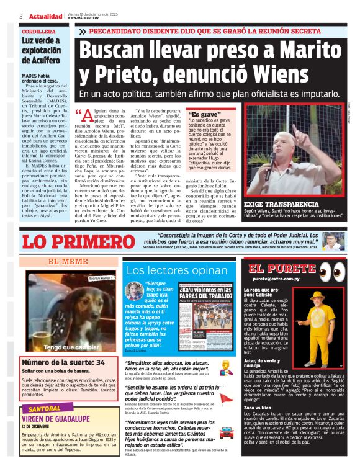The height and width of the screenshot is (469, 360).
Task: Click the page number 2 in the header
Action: (x=21, y=16)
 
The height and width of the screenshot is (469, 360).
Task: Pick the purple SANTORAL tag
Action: (x=45, y=409)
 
